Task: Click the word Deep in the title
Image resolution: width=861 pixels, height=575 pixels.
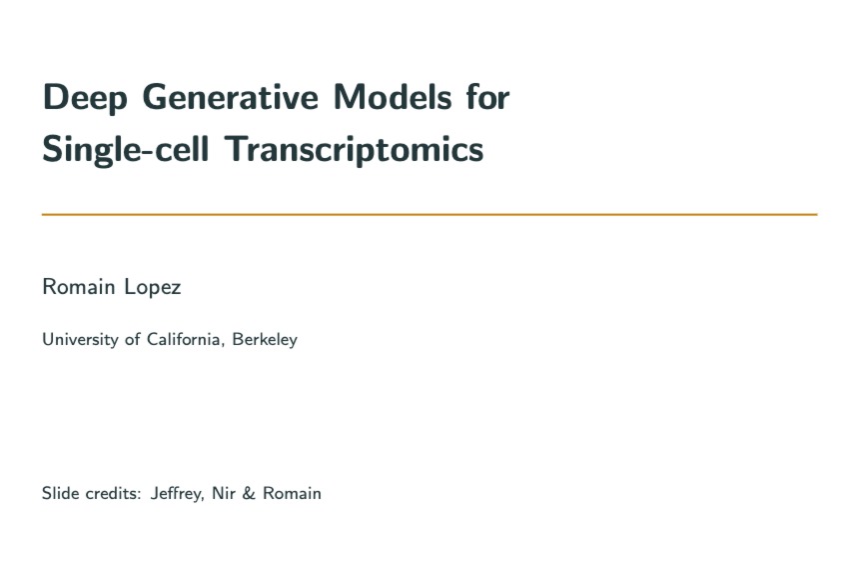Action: tap(84, 98)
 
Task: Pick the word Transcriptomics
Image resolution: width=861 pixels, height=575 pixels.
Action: tap(355, 150)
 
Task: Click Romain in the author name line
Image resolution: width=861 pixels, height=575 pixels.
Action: tap(76, 288)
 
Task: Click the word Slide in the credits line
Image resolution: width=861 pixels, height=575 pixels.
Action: tap(58, 493)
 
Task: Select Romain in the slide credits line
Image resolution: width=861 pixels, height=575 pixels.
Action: tap(292, 493)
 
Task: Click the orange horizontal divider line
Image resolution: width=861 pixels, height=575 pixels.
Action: tap(430, 214)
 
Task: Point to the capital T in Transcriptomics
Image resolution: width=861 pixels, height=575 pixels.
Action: tap(235, 149)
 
